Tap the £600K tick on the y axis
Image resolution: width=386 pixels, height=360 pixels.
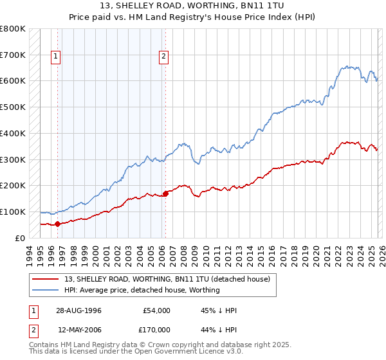coord(13,81)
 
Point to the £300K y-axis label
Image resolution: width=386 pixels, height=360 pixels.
coord(13,159)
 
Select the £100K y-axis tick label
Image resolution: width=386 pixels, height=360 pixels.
coord(13,212)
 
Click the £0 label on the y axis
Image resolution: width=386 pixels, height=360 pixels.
coord(21,238)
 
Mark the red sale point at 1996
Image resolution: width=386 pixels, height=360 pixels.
coord(58,224)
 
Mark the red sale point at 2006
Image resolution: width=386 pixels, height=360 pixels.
coord(165,193)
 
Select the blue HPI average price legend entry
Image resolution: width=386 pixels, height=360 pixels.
coord(142,290)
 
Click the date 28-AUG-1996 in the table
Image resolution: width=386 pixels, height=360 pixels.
coord(79,310)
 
